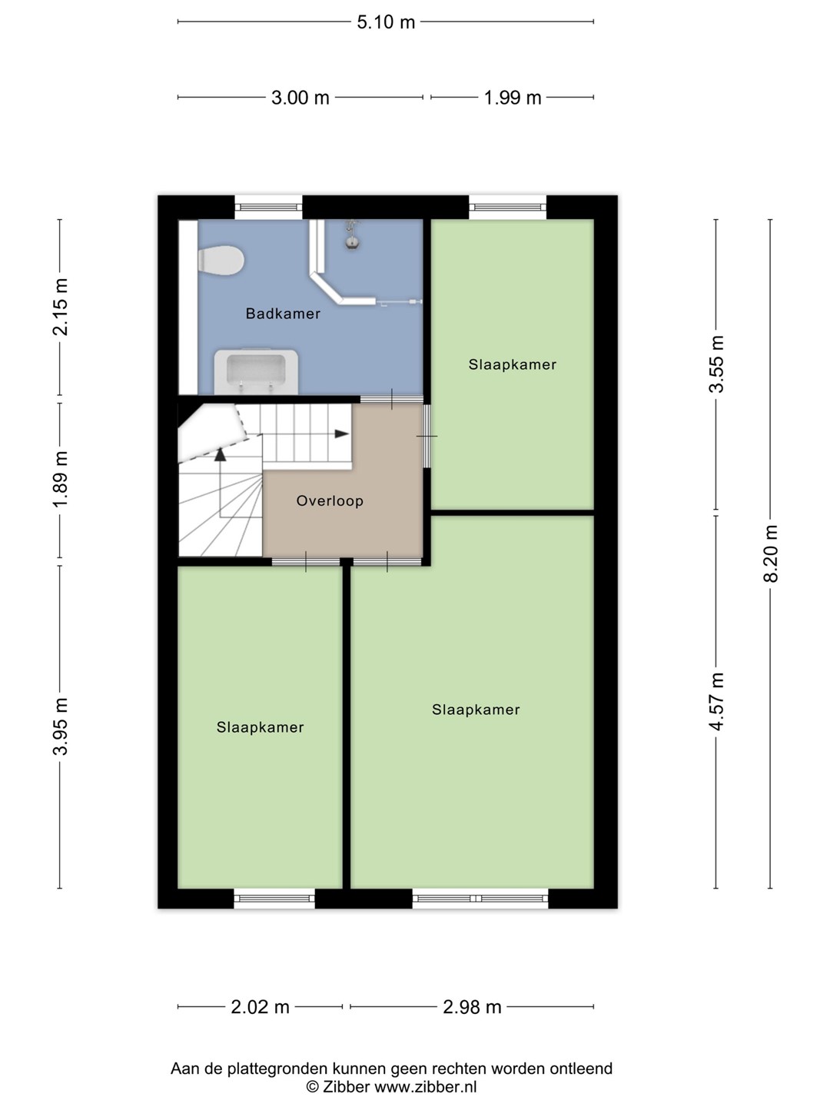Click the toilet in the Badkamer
221,261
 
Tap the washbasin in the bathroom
256,371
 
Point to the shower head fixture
352,235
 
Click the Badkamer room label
283,314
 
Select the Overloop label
330,500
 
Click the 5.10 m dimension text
386,22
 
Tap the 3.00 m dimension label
300,98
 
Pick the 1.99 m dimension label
513,98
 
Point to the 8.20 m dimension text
771,553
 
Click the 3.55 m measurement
716,364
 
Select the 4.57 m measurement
716,702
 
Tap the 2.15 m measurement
61,307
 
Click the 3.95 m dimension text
61,726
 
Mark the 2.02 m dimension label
260,1007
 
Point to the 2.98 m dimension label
472,1007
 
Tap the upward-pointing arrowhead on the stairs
221,454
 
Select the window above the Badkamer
269,208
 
